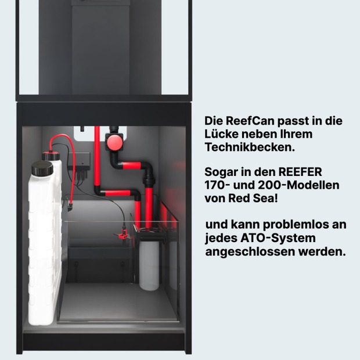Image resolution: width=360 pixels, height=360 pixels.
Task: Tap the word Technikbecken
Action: (x=250, y=147)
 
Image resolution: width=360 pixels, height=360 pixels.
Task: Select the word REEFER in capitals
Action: (x=300, y=172)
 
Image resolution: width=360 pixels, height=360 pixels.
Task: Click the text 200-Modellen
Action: (x=298, y=185)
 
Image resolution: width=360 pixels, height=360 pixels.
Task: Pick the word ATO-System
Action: (x=278, y=238)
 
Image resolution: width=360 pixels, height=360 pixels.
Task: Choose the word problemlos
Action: (x=296, y=225)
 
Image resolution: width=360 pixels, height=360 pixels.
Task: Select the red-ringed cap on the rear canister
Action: (x=51, y=156)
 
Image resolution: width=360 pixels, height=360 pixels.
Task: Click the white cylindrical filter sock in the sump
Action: (x=149, y=265)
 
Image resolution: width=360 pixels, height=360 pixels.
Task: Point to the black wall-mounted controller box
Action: (x=80, y=160)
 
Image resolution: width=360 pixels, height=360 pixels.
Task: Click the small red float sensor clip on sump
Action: (x=123, y=234)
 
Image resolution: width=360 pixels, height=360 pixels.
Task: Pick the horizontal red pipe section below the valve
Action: (x=131, y=165)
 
